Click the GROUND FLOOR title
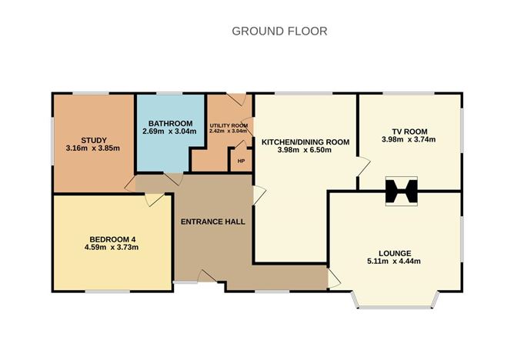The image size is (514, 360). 280,32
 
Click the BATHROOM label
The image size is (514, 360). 170,123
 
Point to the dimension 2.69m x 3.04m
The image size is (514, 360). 169,132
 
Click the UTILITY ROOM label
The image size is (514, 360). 229,125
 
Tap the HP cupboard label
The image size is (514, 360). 241,161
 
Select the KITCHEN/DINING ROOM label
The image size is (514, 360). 305,142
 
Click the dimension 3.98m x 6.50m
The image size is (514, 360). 305,151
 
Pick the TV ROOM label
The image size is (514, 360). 409,132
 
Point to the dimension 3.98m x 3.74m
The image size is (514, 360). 409,140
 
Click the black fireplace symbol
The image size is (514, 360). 400,192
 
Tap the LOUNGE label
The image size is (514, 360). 395,253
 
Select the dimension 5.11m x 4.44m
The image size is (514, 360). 394,262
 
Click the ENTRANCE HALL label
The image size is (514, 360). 212,222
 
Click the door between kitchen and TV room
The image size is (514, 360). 362,164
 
